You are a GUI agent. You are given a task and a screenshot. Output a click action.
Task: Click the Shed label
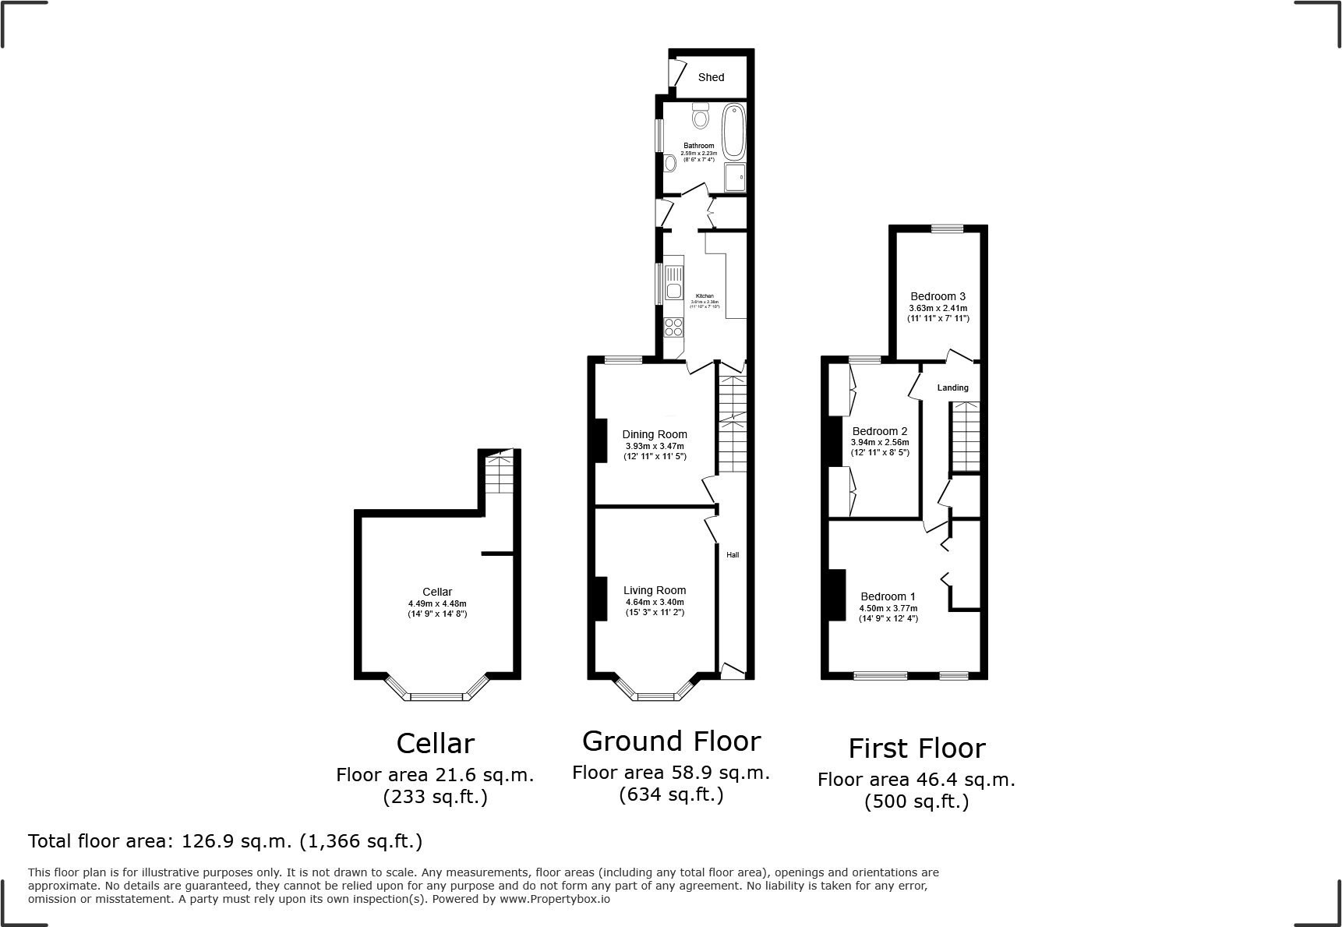711,77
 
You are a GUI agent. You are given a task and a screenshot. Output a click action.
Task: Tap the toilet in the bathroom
700,117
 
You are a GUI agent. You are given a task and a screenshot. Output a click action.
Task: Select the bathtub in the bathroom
734,132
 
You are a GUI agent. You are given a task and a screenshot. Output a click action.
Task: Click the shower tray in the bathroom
735,177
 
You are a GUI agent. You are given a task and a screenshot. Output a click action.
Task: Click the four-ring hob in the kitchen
673,327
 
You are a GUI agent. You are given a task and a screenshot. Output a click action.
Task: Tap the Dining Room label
655,434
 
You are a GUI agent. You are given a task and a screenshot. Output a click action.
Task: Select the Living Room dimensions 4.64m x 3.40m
655,602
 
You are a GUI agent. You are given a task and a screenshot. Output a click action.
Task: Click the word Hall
733,555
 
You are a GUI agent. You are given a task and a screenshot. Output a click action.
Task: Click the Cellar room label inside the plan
437,592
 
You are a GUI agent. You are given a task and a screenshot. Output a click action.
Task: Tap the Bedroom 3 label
938,296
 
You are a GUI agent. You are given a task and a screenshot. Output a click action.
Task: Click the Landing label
952,387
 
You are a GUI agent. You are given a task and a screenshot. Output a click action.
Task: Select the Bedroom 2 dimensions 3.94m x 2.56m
880,442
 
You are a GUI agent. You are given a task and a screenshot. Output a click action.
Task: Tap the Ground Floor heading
671,741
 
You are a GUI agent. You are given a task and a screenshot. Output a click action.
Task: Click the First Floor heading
916,748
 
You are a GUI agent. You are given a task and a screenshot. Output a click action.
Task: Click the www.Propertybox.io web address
555,899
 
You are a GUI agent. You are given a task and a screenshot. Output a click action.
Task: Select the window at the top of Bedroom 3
947,228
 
